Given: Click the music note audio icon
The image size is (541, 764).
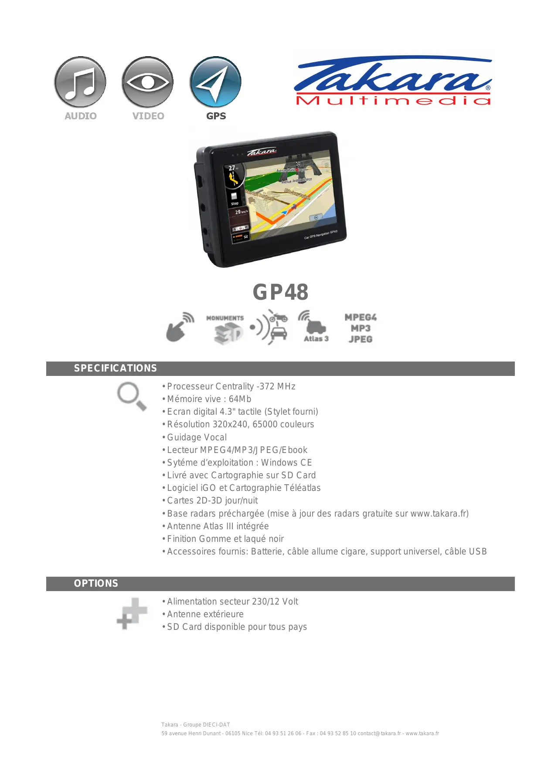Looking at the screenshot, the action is click(80, 82).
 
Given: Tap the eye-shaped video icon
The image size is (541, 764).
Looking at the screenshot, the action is click(148, 82).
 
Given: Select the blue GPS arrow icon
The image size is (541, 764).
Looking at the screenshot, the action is click(215, 82).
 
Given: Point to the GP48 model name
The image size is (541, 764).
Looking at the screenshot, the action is click(280, 292).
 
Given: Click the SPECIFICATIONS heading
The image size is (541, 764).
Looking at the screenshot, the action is click(115, 368).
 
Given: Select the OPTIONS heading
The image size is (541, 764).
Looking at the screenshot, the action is click(96, 584).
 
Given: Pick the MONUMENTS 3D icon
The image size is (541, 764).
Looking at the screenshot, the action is click(225, 329).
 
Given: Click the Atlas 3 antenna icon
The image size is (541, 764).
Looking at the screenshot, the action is click(315, 327).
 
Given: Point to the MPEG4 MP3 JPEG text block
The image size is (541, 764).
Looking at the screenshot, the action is click(361, 328).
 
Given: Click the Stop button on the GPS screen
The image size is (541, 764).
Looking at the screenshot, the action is click(235, 199).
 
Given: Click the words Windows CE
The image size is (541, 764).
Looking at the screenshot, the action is click(286, 463).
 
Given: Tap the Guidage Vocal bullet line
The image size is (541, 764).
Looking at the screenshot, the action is click(197, 438).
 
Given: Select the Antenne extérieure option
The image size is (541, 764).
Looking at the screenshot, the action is click(205, 615).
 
